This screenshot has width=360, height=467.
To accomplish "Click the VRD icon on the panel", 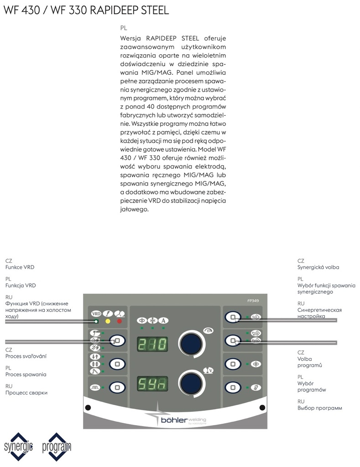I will (96, 313).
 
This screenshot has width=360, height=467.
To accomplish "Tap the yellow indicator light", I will (108, 321).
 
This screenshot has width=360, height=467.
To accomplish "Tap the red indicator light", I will (120, 321).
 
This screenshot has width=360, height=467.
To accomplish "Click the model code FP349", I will (254, 301).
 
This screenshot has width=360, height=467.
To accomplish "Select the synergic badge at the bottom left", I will (19, 446).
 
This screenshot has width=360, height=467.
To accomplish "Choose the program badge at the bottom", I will (56, 446).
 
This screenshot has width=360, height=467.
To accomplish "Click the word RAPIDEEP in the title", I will (107, 10).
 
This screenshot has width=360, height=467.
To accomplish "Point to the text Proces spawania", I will (26, 374).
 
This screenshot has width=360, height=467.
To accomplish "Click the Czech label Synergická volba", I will (318, 267).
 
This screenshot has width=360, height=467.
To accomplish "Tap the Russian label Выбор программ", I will (319, 408).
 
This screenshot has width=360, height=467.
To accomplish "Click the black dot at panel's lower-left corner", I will (88, 407).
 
